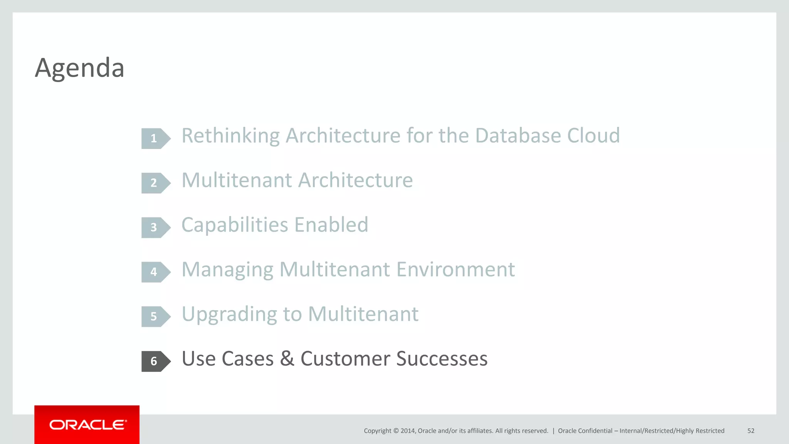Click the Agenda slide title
point(79,68)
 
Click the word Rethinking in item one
point(230,136)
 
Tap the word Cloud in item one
point(593,136)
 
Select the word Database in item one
point(518,136)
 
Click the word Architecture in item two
point(355,180)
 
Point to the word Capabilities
point(235,225)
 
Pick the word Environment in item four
point(455,269)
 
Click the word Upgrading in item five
point(229,314)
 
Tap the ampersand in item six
point(287,359)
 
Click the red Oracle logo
point(87,425)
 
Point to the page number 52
point(750,431)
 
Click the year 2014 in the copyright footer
point(408,431)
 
